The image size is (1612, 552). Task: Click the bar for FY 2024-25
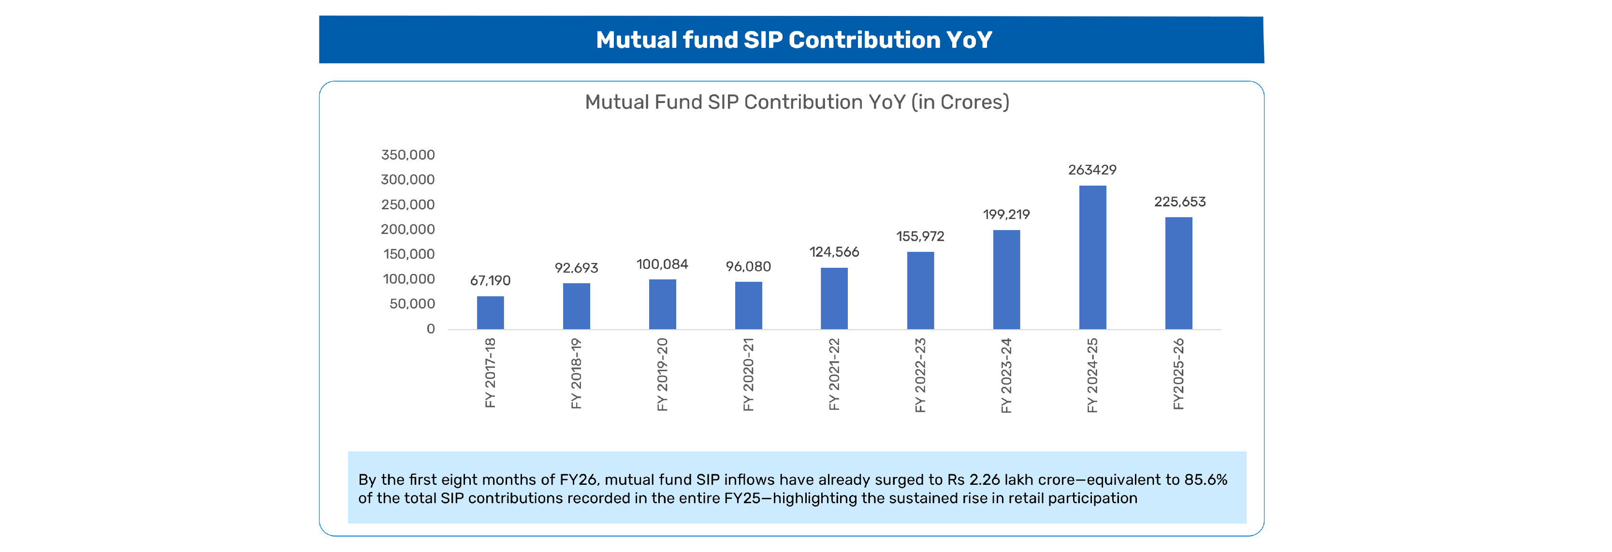1092,257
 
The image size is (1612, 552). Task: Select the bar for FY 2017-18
490,312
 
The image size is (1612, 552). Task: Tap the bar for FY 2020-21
748,305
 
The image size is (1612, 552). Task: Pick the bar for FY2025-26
1178,273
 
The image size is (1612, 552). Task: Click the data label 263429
1092,170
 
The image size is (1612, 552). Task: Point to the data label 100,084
662,264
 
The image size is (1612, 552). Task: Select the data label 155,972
920,236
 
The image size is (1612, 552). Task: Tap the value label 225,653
1179,202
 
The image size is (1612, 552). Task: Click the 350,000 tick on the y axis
407,155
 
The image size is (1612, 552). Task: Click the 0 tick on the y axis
431,329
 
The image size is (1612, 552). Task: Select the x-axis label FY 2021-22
834,374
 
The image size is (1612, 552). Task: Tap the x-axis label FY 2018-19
576,374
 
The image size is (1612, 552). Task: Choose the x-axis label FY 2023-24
1006,376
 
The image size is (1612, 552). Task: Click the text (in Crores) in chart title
960,102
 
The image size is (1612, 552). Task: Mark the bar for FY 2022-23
920,291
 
